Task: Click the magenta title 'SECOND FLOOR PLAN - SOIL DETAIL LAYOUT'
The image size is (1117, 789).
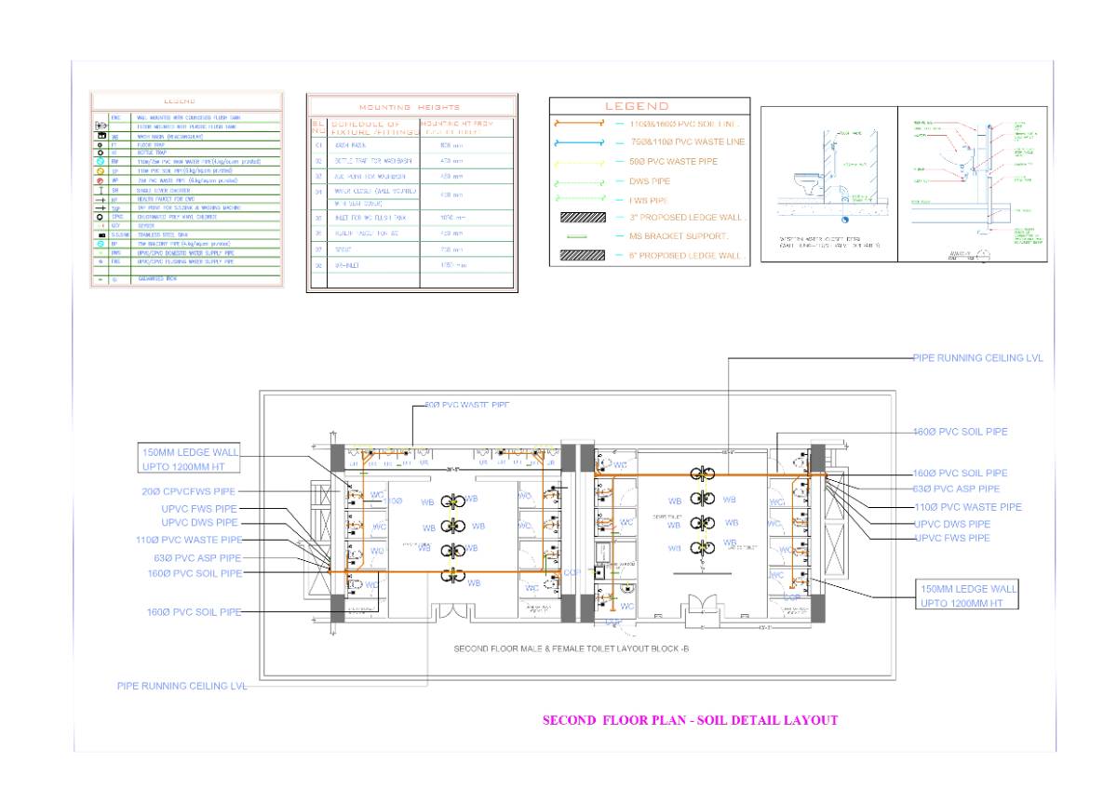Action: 690,720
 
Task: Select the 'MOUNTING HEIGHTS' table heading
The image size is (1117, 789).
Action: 410,107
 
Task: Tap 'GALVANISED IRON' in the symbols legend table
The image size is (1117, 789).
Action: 157,278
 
